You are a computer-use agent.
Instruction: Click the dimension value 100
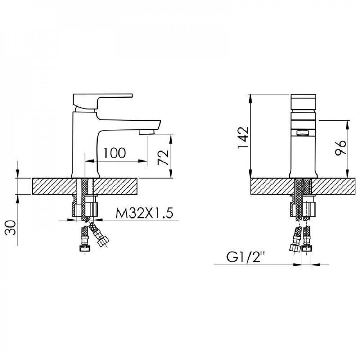coord(115,153)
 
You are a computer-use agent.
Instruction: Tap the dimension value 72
coord(163,158)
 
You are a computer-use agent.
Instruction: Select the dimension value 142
coord(243,138)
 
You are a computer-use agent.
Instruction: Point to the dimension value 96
coord(340,148)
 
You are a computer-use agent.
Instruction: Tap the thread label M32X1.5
coord(144,213)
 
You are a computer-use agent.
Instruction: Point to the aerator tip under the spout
coord(147,132)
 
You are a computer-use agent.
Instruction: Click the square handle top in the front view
coord(303,102)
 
